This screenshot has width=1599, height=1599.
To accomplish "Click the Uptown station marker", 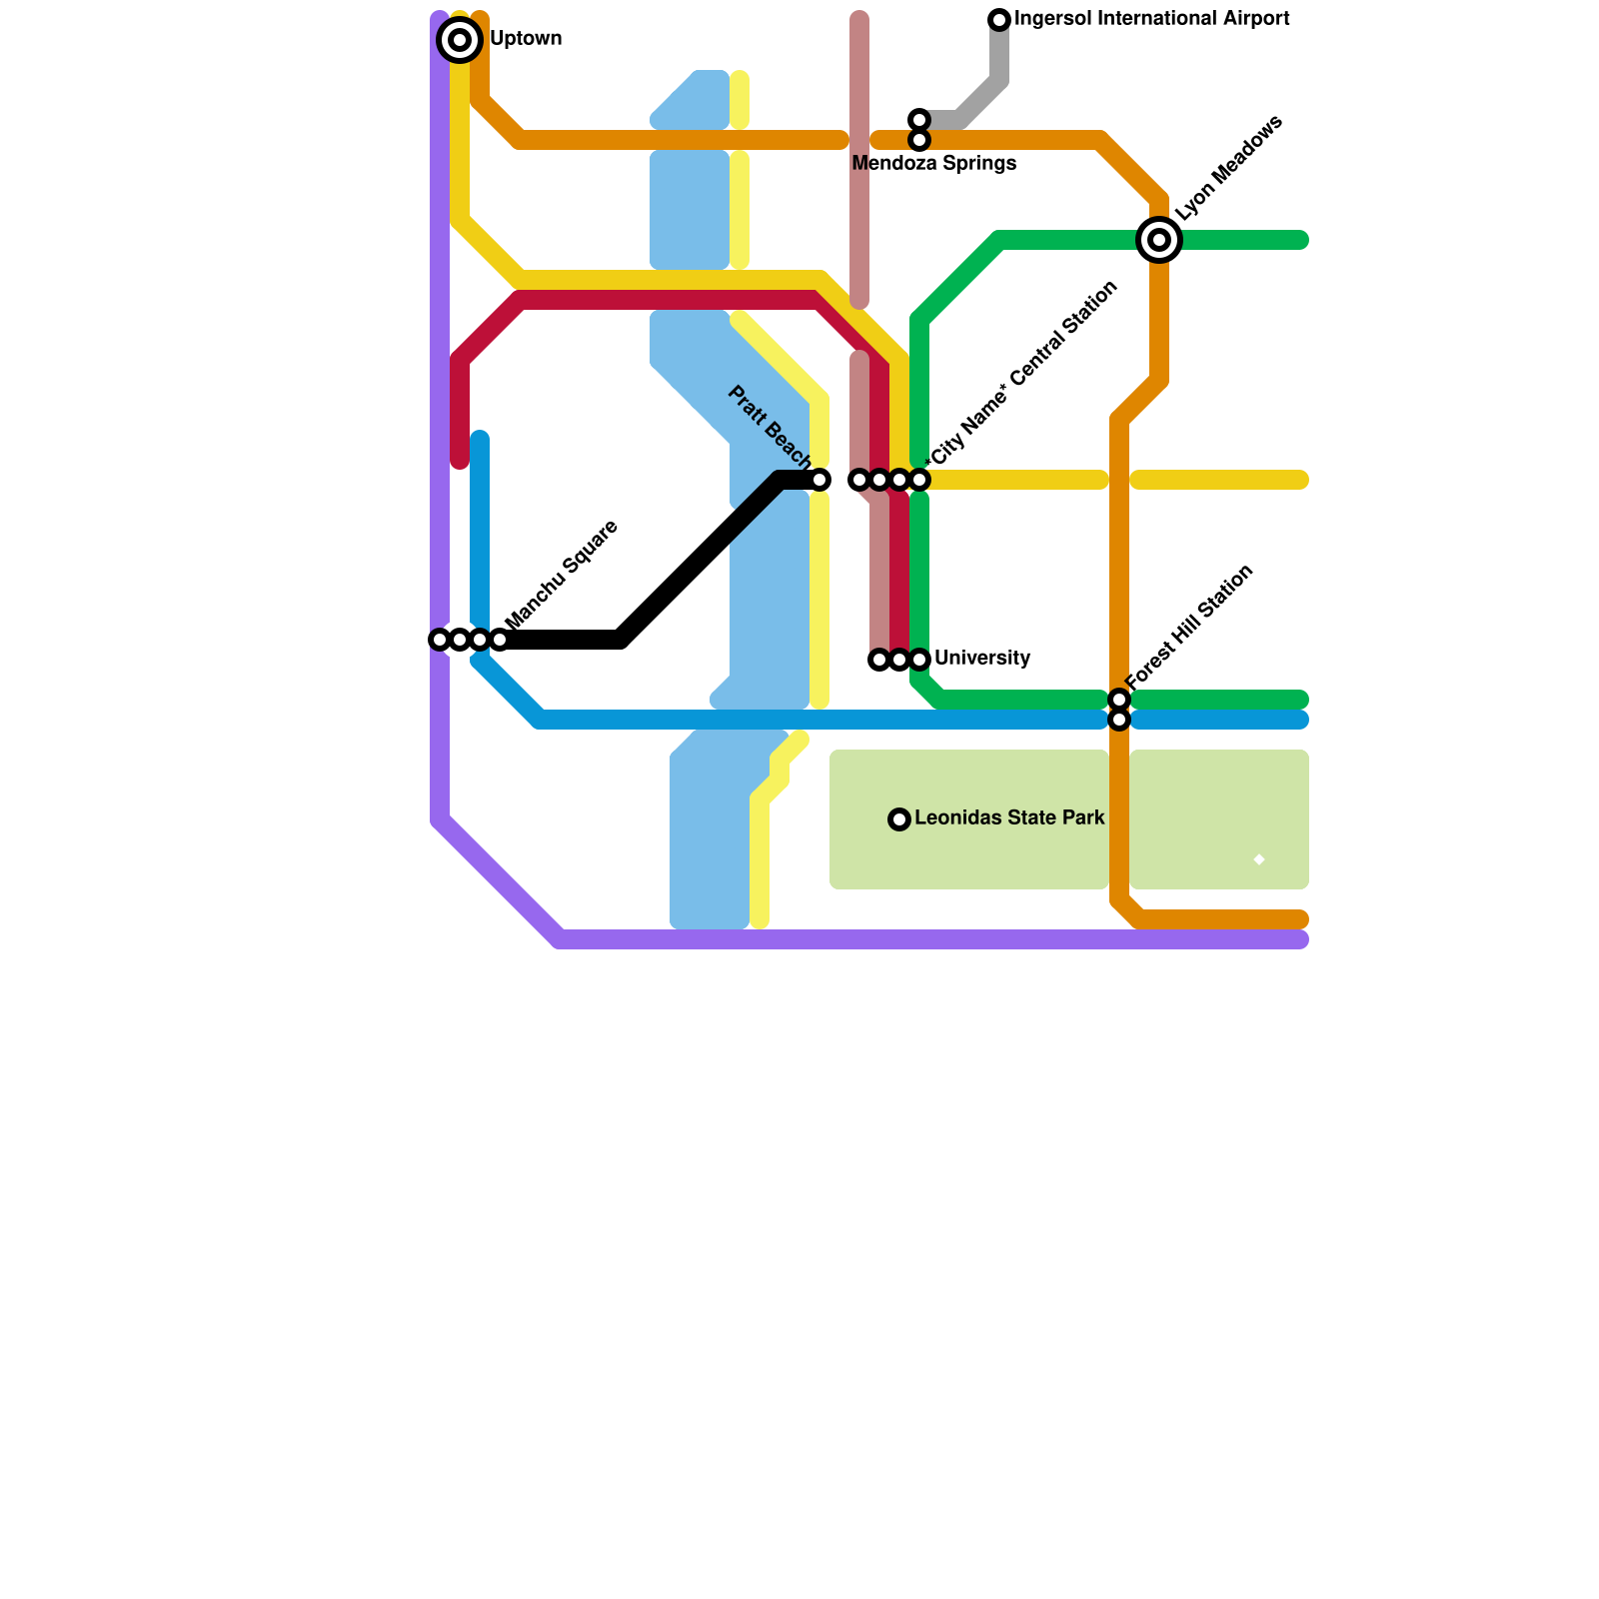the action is tap(460, 40).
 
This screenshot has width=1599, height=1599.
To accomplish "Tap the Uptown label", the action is tap(526, 39).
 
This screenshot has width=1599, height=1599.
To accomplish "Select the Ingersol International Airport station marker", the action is tap(999, 19).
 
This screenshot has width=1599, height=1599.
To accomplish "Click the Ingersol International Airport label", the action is tap(1151, 19).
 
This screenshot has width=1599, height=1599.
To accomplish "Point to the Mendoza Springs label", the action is tap(933, 164).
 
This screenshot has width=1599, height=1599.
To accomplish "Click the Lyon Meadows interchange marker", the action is tap(1159, 240).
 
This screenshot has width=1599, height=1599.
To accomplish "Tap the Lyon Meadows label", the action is tap(1228, 168).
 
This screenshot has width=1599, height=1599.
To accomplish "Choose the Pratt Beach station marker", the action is tap(819, 480).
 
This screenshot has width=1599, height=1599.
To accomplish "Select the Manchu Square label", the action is tap(562, 575).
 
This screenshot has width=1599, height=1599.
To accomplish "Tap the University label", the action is tap(981, 659).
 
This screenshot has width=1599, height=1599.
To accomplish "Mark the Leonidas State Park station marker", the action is tap(899, 819).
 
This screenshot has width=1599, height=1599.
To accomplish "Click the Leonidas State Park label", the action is tap(1009, 818).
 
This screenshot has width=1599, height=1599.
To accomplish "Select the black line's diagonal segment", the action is tap(700, 560).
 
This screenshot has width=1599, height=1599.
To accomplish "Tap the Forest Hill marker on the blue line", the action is tap(1119, 720).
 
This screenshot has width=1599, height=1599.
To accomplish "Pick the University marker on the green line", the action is tap(919, 660).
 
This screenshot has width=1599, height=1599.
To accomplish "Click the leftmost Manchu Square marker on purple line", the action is tap(440, 640).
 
